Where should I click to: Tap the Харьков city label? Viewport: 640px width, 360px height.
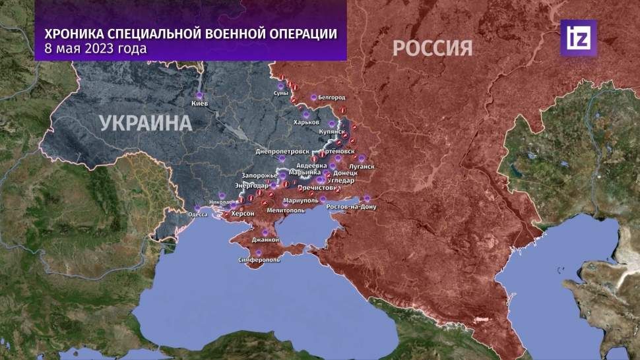[x=307, y=123]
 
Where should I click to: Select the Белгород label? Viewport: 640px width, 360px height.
[x=331, y=97]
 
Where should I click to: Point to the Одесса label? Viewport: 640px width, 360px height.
[x=198, y=214]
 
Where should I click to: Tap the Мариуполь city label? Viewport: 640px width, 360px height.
[x=300, y=199]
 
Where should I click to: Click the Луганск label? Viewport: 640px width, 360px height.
[x=363, y=167]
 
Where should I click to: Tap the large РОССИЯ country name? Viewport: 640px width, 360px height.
[x=432, y=48]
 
